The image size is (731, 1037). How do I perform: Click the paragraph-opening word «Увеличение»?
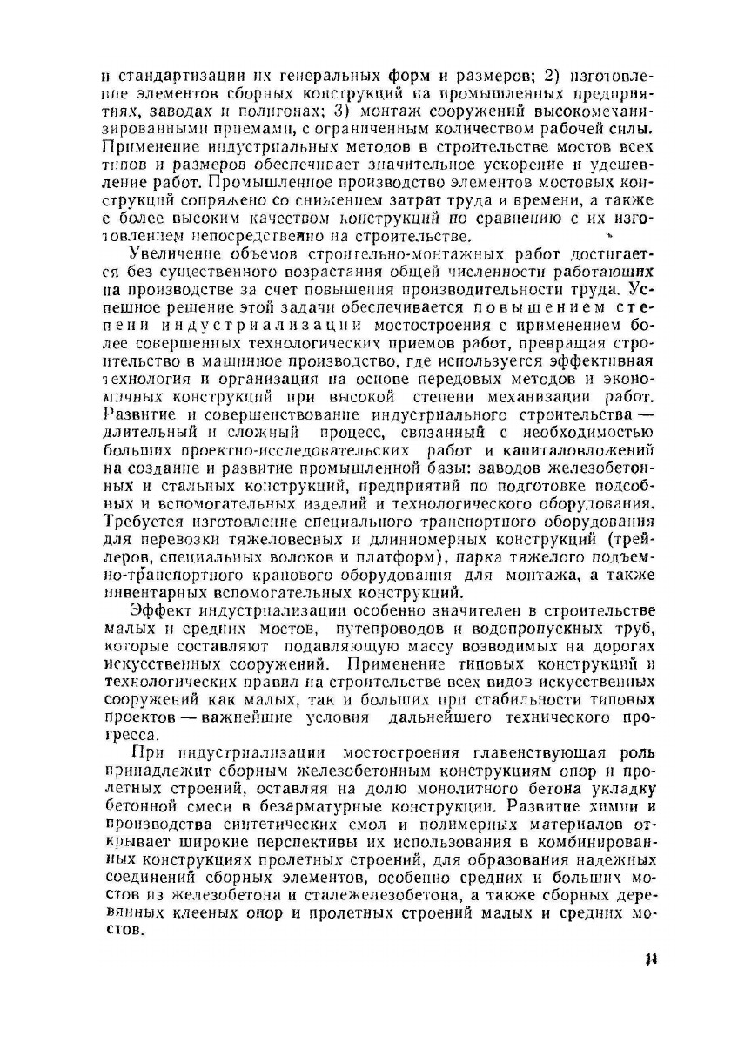(x=170, y=254)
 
